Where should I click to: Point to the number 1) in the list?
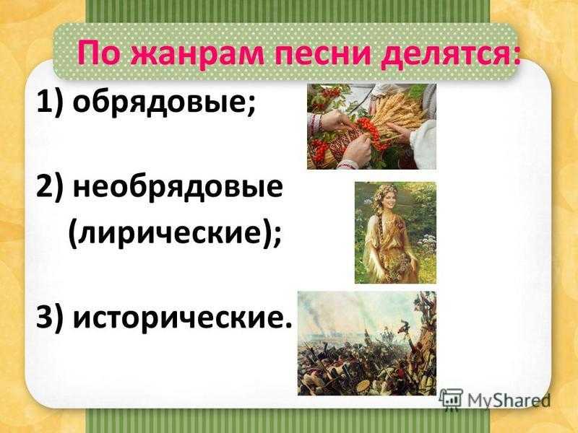[x=48, y=103]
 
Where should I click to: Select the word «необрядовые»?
[x=178, y=188]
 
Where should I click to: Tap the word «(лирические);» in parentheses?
[x=175, y=234]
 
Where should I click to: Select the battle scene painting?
[x=366, y=344]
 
